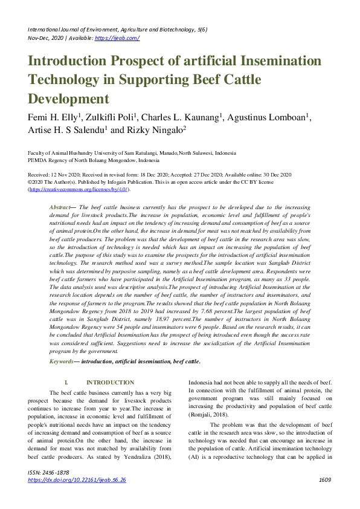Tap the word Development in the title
(x=68, y=99)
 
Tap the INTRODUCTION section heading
(x=110, y=382)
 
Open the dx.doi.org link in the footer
(x=77, y=480)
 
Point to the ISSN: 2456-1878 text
(x=48, y=472)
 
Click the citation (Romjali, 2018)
(x=209, y=416)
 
